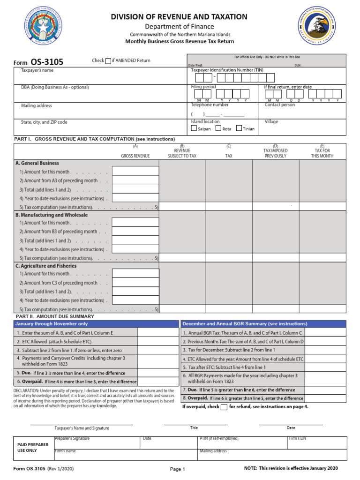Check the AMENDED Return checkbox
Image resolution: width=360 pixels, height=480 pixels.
point(108,60)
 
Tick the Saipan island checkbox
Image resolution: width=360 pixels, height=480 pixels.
point(194,128)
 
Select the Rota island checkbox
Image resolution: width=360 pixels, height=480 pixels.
point(218,128)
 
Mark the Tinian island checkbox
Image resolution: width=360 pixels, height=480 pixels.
point(239,128)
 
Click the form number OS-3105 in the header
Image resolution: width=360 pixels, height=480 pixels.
point(47,62)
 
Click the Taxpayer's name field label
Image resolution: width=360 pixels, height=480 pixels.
point(37,70)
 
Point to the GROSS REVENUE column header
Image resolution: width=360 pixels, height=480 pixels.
point(135,156)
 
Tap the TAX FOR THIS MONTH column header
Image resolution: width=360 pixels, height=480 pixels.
point(322,153)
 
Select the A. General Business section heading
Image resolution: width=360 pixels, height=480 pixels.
point(37,163)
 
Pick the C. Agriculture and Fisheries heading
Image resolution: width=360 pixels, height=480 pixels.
point(46,266)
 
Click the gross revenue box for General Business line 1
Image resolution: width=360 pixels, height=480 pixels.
point(132,172)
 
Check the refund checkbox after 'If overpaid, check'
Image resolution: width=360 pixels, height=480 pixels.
point(224,407)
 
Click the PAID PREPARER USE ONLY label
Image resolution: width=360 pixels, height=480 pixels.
point(33,447)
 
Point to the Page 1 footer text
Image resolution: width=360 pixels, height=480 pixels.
point(178,469)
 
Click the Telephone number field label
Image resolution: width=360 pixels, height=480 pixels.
point(210,105)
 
